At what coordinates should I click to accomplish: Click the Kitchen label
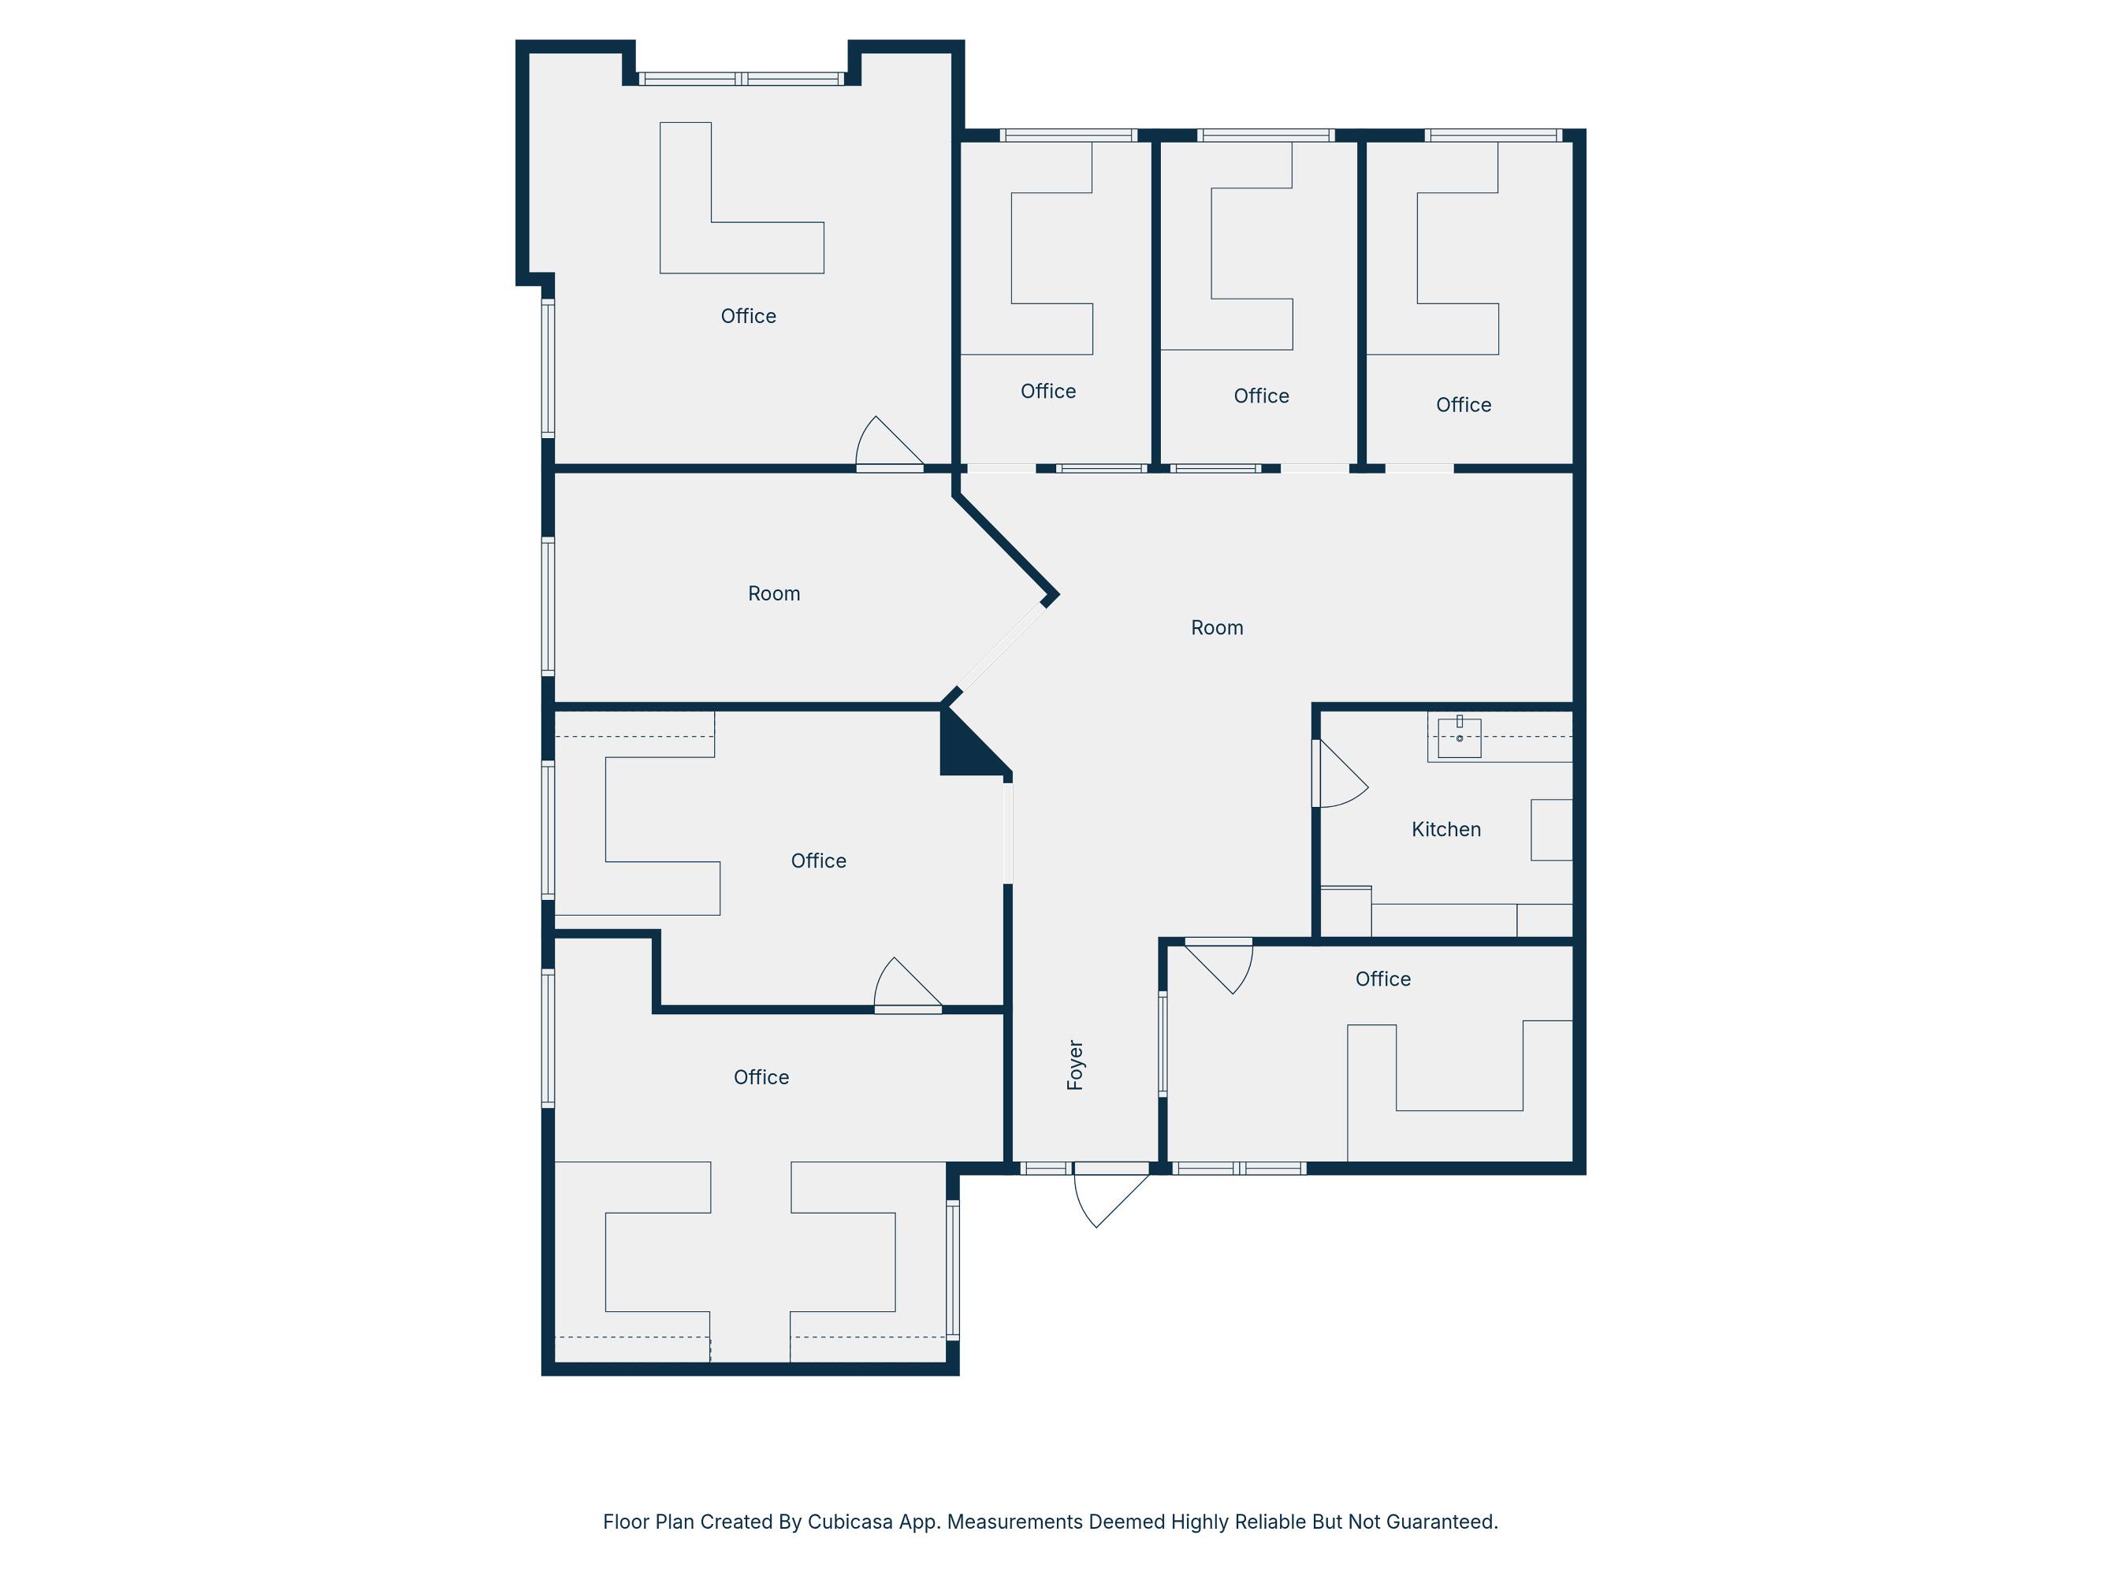click(x=1445, y=829)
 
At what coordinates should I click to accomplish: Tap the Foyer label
click(x=1075, y=1065)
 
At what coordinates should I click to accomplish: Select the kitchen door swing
click(x=1341, y=775)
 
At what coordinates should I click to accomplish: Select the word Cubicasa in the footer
click(x=850, y=1522)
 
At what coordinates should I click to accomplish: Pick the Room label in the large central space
click(x=1216, y=628)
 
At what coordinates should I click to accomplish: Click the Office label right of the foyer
click(x=1382, y=979)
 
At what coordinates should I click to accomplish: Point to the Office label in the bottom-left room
click(x=761, y=1077)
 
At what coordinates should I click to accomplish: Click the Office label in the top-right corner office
click(x=1464, y=406)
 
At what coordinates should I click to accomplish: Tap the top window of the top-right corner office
click(x=1493, y=135)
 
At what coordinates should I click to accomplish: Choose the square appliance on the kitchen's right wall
click(x=1552, y=831)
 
